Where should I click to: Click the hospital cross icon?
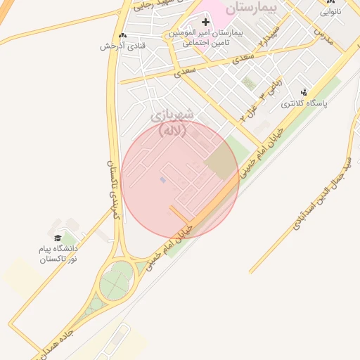(205, 22)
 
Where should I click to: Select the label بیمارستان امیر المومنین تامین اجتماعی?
(205, 38)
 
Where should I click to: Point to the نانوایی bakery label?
(332, 12)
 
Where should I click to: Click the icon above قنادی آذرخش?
(124, 35)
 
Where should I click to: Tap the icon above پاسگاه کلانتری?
(304, 92)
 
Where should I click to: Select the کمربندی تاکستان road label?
(113, 190)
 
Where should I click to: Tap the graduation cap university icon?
(58, 238)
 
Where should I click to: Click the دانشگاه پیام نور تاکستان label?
(59, 254)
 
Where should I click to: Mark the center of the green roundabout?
(115, 285)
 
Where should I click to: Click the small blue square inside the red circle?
(163, 181)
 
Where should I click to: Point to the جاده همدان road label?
(52, 344)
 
